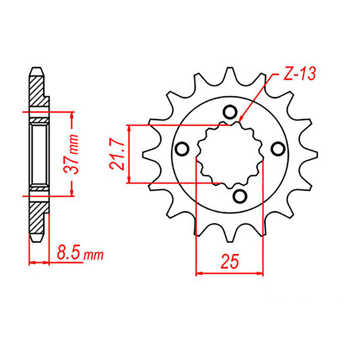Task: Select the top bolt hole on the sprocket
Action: point(230,112)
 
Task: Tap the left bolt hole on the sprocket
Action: point(182,149)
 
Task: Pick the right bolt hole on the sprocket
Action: point(277,149)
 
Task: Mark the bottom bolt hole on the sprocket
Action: point(239,195)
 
